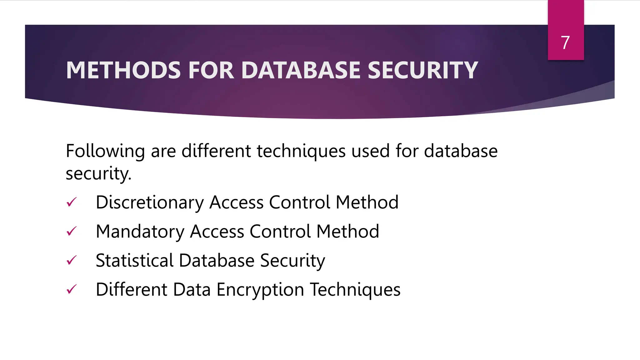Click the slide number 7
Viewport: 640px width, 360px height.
click(x=565, y=42)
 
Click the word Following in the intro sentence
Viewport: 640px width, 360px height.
click(x=105, y=151)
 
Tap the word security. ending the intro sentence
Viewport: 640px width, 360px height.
click(x=98, y=173)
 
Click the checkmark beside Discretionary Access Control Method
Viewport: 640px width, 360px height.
click(x=72, y=202)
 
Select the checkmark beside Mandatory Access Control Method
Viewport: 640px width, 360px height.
click(x=72, y=231)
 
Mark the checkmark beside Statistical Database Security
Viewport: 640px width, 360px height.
click(x=72, y=260)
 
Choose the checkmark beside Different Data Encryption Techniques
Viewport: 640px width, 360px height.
click(x=72, y=289)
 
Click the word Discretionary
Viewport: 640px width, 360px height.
click(x=150, y=202)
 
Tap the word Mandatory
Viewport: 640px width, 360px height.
click(x=140, y=232)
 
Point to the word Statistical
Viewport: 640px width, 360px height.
click(x=134, y=260)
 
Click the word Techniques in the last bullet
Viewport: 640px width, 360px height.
click(x=355, y=289)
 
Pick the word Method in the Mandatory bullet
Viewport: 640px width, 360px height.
click(x=347, y=232)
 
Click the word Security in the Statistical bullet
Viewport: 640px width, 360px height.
click(x=292, y=261)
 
